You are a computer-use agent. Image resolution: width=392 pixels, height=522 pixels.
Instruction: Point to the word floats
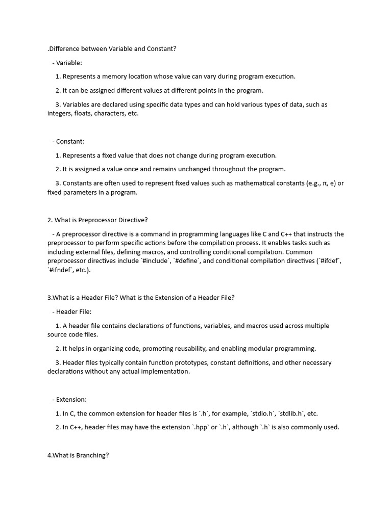(87, 114)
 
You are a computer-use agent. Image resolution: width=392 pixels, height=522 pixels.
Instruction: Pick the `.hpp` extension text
(200, 428)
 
